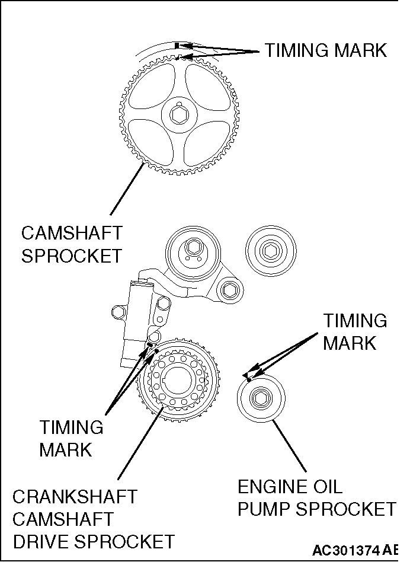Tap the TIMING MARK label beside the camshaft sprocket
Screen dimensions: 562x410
pyautogui.click(x=325, y=50)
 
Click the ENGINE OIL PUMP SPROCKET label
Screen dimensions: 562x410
pyautogui.click(x=316, y=498)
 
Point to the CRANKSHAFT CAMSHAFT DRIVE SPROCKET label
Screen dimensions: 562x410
pyautogui.click(x=93, y=519)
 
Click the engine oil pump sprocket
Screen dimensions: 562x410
pyautogui.click(x=261, y=397)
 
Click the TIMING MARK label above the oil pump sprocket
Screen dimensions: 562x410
pyautogui.click(x=354, y=332)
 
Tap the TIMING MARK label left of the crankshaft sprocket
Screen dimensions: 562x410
pyautogui.click(x=71, y=438)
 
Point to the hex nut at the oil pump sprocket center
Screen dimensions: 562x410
pyautogui.click(x=261, y=397)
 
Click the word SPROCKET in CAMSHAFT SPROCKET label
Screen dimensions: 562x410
pyautogui.click(x=71, y=256)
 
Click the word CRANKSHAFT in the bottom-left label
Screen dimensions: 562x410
pyautogui.click(x=75, y=496)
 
